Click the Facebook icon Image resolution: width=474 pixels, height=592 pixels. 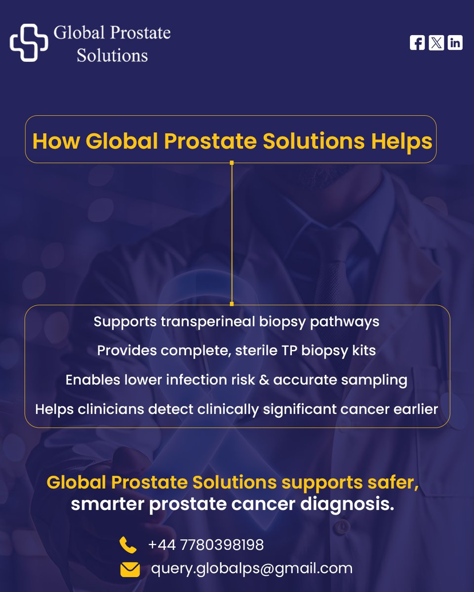(x=417, y=43)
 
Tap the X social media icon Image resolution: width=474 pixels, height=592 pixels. (x=436, y=43)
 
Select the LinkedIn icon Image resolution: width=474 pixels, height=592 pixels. (x=455, y=43)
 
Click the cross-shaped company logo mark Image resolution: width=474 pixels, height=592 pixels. (x=29, y=43)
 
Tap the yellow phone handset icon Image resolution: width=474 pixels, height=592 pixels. (x=128, y=545)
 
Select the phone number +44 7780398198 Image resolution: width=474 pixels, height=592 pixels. (x=206, y=545)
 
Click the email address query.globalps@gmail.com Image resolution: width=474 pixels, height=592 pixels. (x=252, y=568)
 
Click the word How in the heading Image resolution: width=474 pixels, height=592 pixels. (x=55, y=142)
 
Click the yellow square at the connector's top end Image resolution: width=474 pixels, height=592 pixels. (x=232, y=162)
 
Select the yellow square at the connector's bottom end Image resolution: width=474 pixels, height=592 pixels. (x=232, y=304)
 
